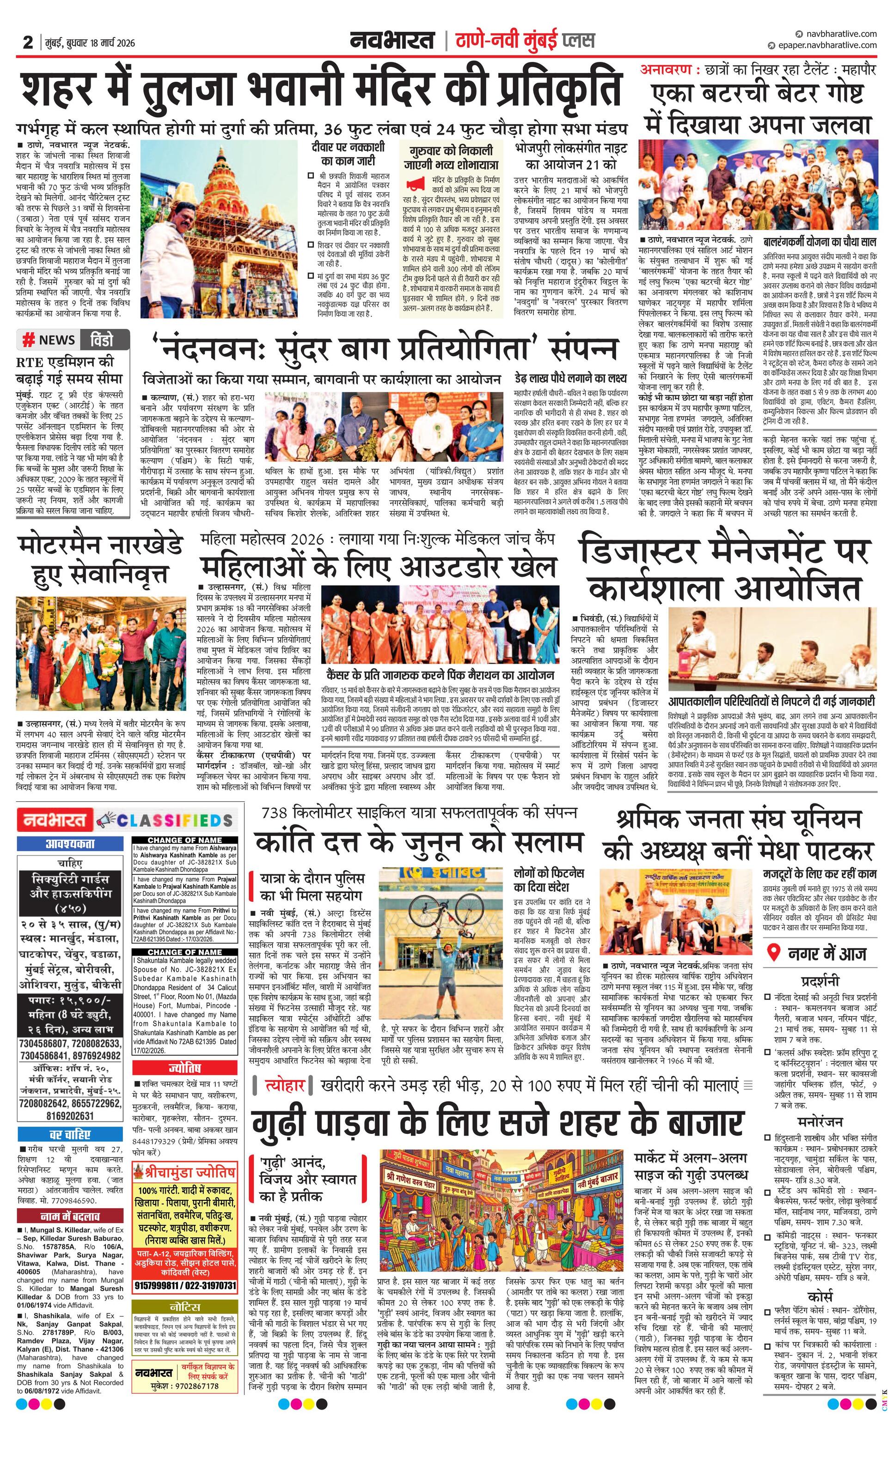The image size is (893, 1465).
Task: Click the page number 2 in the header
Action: coord(27,42)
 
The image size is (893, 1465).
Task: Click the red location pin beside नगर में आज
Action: coord(773,953)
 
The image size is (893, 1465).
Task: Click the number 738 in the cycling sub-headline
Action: coord(275,813)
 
